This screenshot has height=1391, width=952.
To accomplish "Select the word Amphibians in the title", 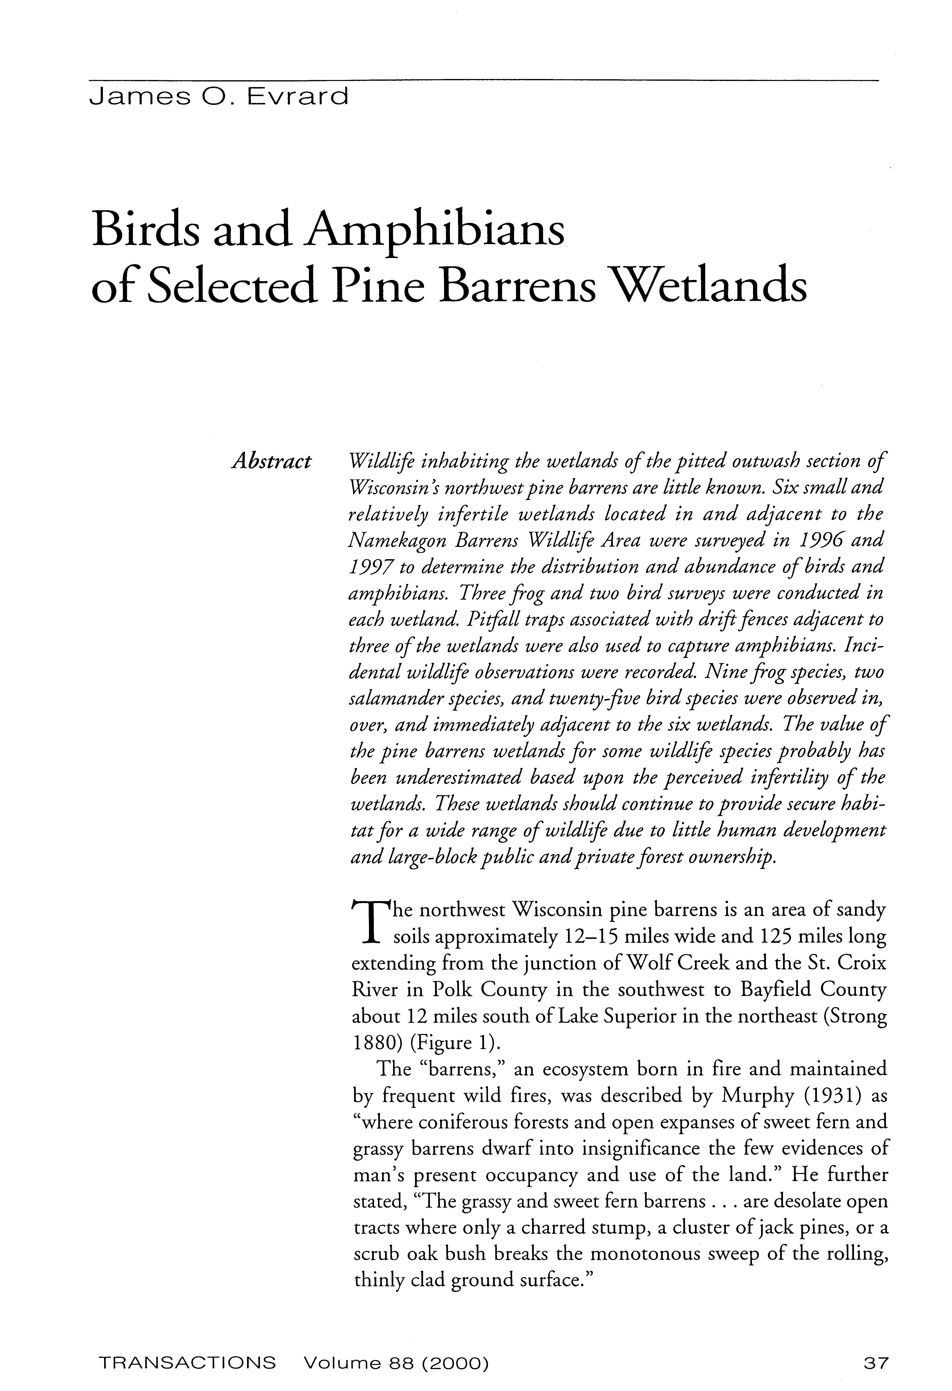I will [434, 232].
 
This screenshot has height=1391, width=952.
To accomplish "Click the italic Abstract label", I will [272, 461].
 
